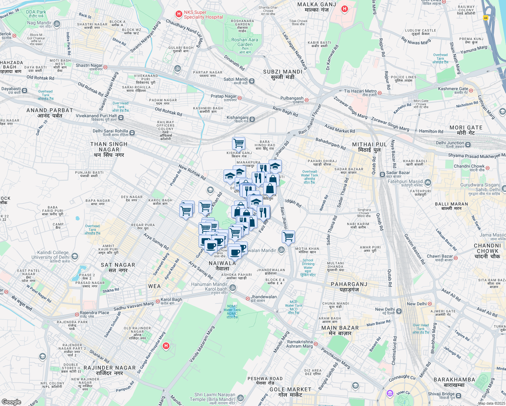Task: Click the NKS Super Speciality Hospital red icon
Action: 179,14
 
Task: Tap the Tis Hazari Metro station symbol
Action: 379,92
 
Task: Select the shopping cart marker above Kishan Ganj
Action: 239,143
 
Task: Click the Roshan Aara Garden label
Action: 245,42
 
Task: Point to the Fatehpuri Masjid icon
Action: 428,183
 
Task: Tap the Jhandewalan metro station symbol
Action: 248,299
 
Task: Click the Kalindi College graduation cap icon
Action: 75,256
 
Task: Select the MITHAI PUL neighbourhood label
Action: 369,147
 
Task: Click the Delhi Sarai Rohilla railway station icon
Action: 132,133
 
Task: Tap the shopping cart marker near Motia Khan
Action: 288,236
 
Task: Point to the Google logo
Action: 11,402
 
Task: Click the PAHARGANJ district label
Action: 349,287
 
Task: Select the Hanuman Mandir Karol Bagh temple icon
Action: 232,288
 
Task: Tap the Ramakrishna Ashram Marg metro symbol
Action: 316,344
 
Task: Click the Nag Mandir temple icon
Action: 57,24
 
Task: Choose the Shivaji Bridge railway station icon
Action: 459,396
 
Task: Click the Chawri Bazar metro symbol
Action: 456,258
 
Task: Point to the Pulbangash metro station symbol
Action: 306,100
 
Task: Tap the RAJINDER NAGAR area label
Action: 109,370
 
